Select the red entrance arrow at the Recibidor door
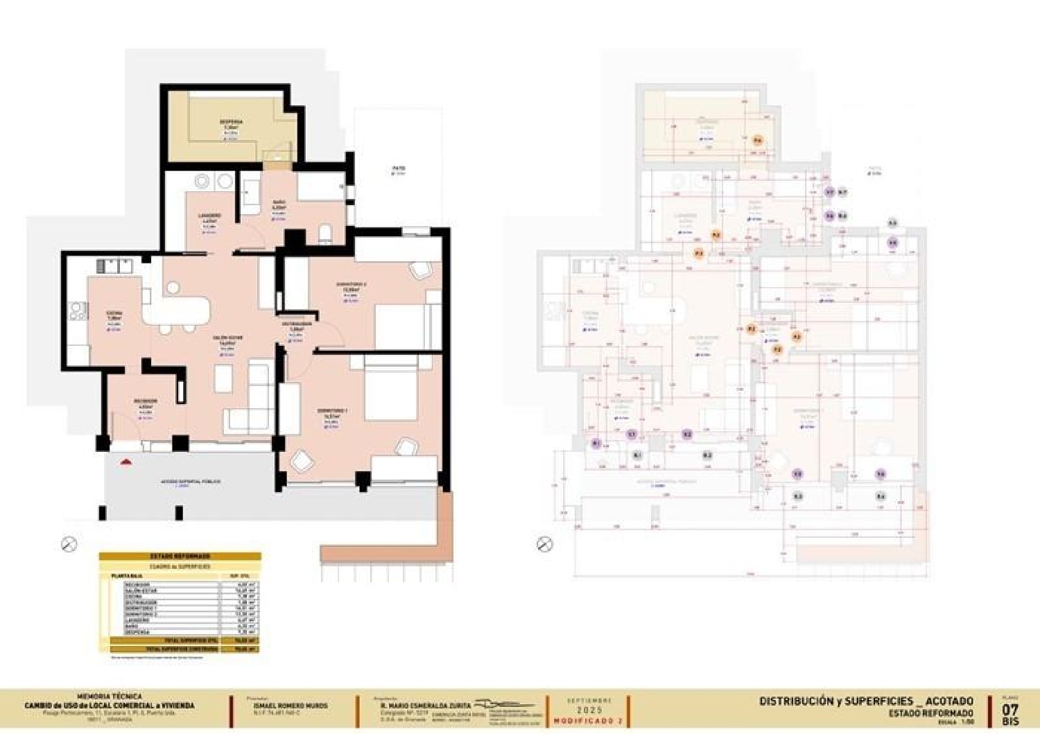click(125, 461)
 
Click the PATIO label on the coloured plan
click(398, 168)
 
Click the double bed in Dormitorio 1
click(390, 388)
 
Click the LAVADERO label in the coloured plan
click(210, 216)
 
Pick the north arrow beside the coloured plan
click(69, 544)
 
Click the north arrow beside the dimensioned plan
click(545, 544)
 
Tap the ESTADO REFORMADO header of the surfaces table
click(180, 556)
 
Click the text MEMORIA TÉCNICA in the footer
click(110, 696)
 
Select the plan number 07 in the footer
click(1010, 710)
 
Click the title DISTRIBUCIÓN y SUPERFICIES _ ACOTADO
click(866, 701)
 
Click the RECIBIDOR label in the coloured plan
click(146, 401)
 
